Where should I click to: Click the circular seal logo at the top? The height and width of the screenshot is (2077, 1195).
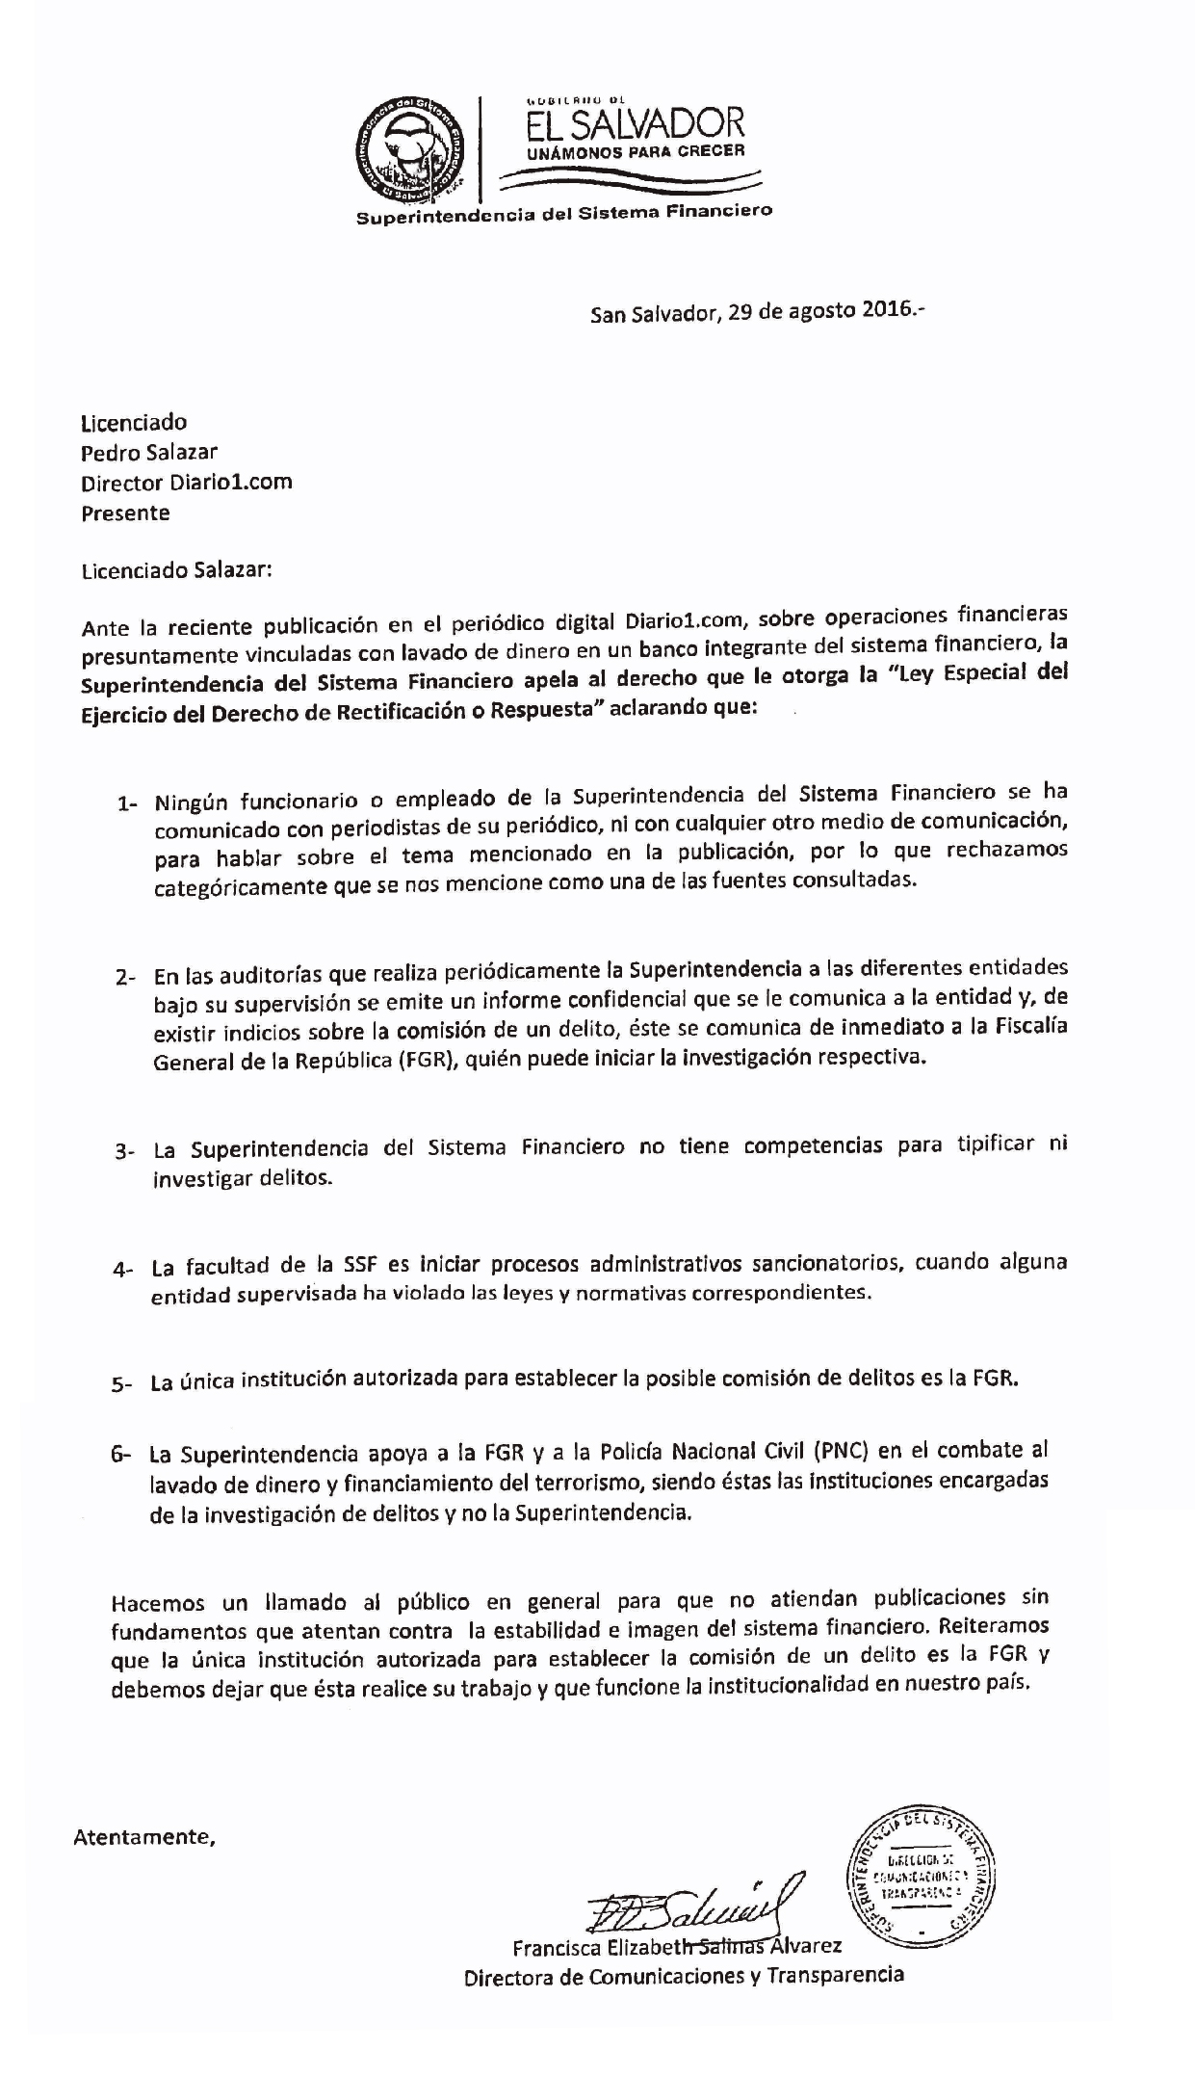pyautogui.click(x=410, y=147)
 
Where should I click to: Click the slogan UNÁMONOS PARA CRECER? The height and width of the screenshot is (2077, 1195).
pyautogui.click(x=635, y=152)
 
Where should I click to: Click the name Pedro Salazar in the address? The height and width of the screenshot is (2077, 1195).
pyautogui.click(x=149, y=452)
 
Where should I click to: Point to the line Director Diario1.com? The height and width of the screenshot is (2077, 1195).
pyautogui.click(x=186, y=482)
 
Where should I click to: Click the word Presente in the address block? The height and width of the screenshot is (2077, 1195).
pyautogui.click(x=125, y=513)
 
